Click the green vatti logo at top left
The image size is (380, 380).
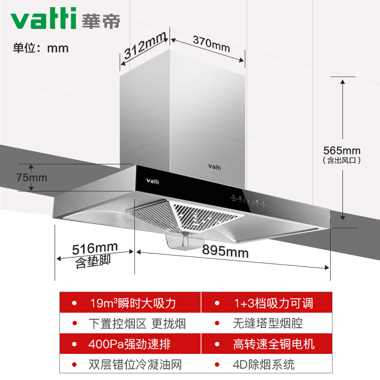[x=43, y=18]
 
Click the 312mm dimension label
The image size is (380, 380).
[x=145, y=46]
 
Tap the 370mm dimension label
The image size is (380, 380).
[x=211, y=44]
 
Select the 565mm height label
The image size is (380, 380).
[x=342, y=151]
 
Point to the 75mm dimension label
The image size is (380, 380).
[x=31, y=178]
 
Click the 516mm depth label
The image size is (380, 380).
[x=95, y=248]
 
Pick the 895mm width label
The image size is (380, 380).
[x=225, y=251]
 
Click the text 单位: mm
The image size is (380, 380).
[x=41, y=48]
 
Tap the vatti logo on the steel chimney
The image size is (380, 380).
[x=214, y=167]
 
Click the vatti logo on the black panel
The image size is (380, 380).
[x=152, y=181]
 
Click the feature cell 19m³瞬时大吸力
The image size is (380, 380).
[x=130, y=303]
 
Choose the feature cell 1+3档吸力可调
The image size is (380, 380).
[x=267, y=303]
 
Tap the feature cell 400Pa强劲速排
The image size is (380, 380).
[x=130, y=343]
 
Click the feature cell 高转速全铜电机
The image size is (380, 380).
[x=267, y=343]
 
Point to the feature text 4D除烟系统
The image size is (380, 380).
[x=264, y=364]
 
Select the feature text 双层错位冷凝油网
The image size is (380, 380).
[x=135, y=364]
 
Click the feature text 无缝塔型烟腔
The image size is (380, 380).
[x=268, y=323]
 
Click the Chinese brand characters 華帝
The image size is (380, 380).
[x=101, y=20]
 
